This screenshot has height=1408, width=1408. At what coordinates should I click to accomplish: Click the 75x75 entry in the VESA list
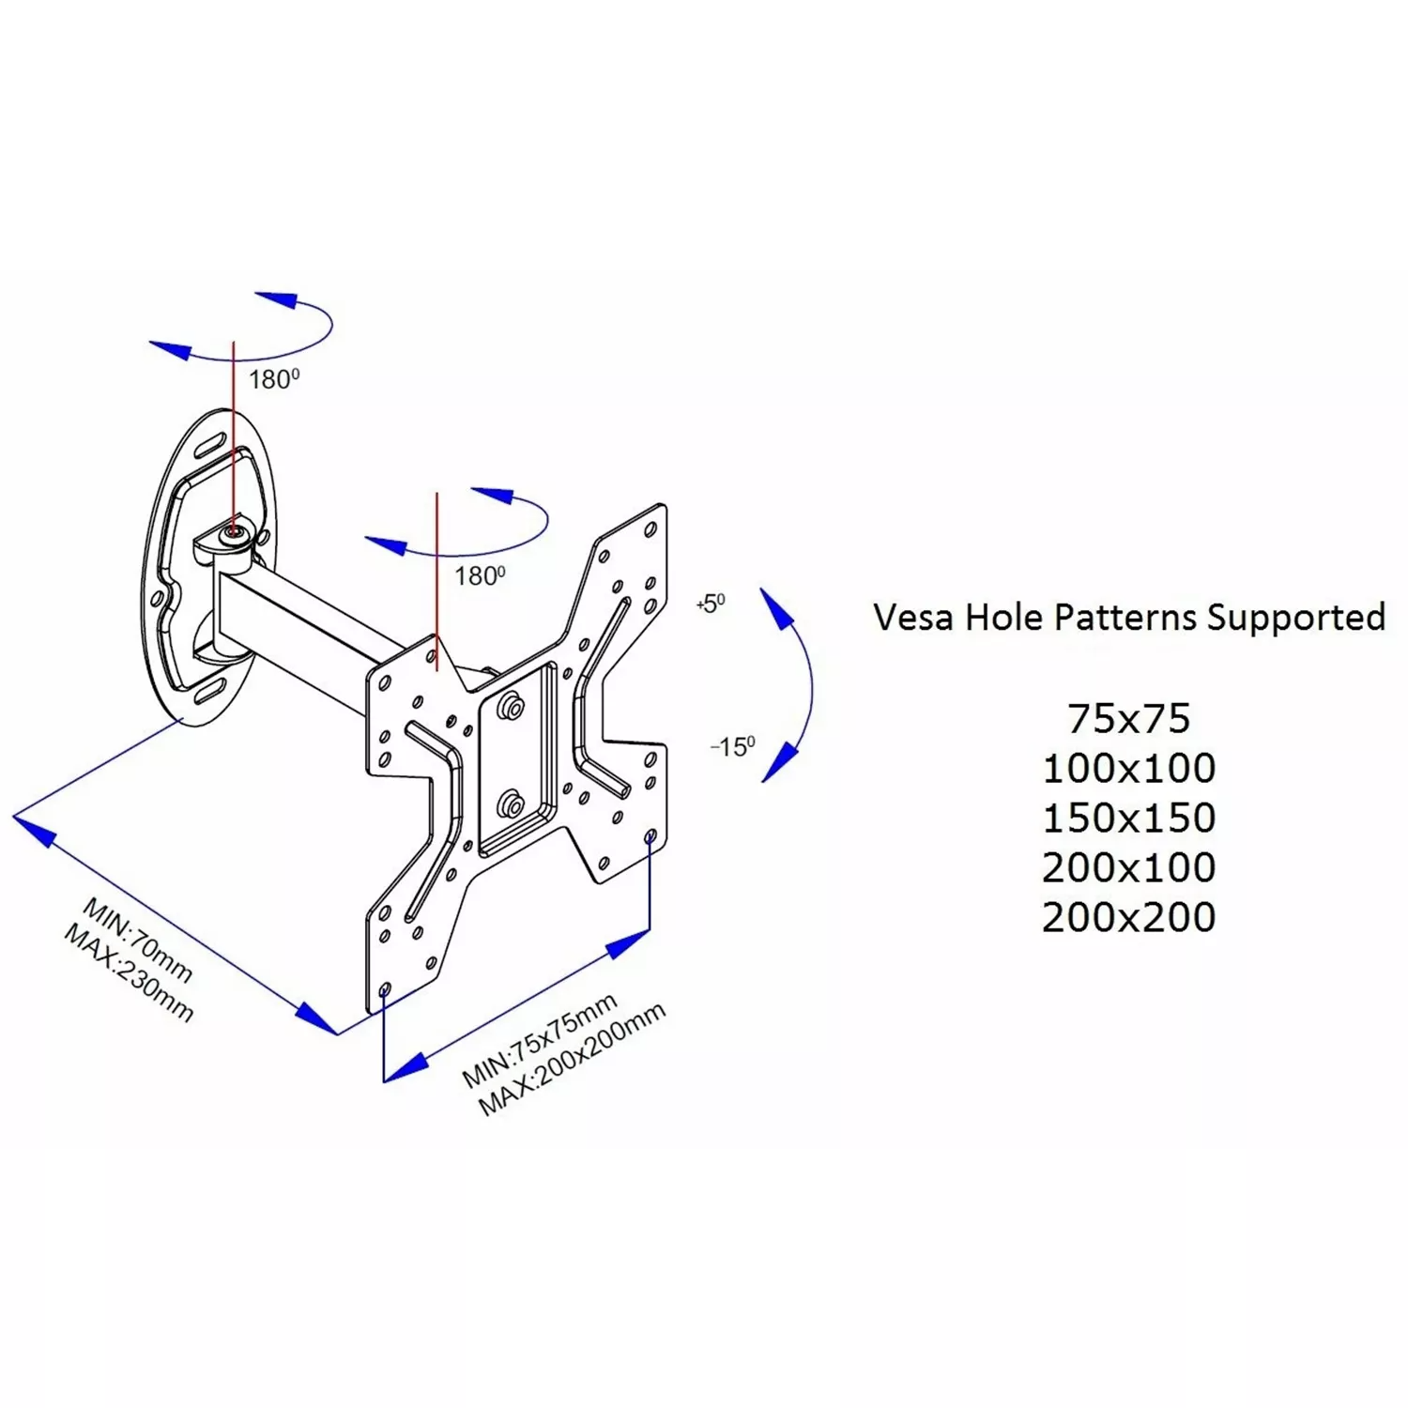pyautogui.click(x=1128, y=719)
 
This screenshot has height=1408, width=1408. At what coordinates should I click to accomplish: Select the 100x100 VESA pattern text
pyautogui.click(x=1128, y=769)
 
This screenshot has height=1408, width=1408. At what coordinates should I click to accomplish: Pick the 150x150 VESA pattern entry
pyautogui.click(x=1128, y=819)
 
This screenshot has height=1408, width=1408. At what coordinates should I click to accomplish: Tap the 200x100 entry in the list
pyautogui.click(x=1128, y=867)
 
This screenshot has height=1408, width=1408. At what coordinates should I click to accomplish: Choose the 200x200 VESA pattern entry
pyautogui.click(x=1128, y=917)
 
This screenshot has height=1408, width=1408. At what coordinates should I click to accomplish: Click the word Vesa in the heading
pyautogui.click(x=913, y=618)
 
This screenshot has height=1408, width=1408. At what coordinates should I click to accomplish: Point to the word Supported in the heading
pyautogui.click(x=1295, y=619)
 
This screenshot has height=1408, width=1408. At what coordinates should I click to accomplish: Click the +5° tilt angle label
pyautogui.click(x=711, y=604)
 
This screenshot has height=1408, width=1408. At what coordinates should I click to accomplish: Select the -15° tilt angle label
pyautogui.click(x=732, y=747)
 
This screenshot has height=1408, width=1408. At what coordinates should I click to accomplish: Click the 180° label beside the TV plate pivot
pyautogui.click(x=480, y=575)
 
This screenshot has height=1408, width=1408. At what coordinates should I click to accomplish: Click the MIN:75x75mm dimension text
pyautogui.click(x=540, y=1040)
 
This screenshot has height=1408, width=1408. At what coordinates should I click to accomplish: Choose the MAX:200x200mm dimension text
pyautogui.click(x=573, y=1060)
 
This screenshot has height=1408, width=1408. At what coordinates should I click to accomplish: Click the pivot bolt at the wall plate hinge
pyautogui.click(x=233, y=533)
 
